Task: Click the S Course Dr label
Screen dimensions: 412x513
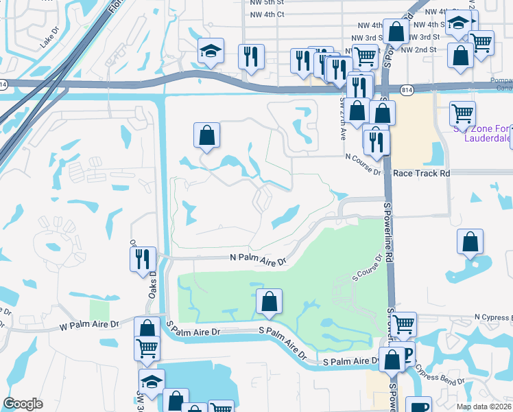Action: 367,268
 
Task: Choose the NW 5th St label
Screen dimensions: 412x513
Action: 269,3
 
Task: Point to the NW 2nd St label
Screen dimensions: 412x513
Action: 418,50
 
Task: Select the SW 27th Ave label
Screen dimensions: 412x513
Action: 342,118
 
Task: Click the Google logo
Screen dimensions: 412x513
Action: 23,404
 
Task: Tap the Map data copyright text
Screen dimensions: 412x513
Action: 484,407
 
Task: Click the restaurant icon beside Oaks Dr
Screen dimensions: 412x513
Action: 143,260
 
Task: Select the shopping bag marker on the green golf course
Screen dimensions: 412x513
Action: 270,301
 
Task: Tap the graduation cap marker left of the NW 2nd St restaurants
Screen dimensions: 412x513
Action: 210,51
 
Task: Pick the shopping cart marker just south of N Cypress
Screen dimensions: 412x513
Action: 403,323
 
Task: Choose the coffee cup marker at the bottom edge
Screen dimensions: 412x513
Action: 418,406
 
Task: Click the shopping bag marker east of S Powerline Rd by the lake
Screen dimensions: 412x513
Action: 470,242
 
